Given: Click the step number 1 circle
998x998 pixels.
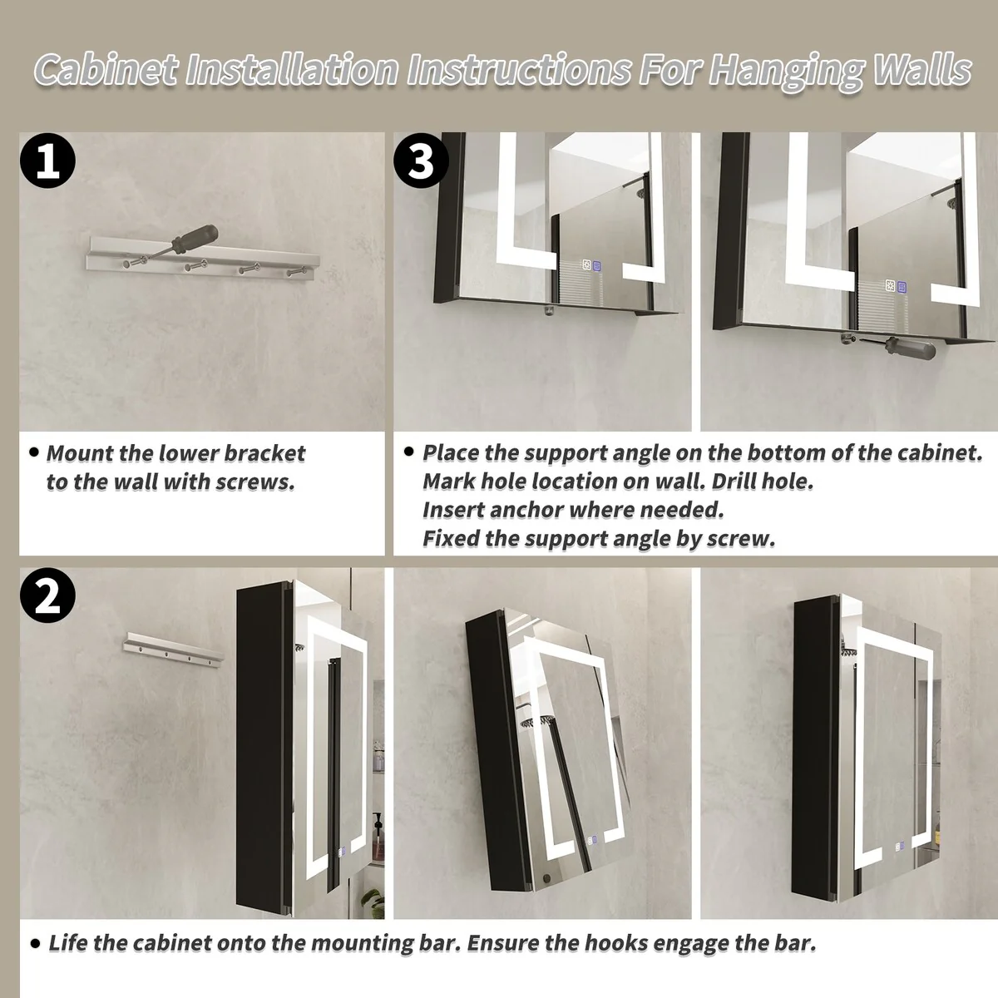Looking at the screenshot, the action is click(x=47, y=160).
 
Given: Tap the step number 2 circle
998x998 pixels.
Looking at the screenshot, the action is click(x=47, y=595).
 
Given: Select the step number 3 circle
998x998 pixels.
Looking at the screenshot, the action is click(x=421, y=160).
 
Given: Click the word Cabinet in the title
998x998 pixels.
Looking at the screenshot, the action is click(x=106, y=70).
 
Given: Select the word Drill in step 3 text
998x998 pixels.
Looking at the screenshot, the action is click(x=734, y=482).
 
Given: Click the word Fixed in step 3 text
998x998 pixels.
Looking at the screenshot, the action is click(x=451, y=539).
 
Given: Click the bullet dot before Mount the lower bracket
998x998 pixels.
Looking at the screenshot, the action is click(x=35, y=452).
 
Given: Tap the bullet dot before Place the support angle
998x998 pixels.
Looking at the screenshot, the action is click(x=409, y=452).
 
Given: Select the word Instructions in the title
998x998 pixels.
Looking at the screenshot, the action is click(x=520, y=70).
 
